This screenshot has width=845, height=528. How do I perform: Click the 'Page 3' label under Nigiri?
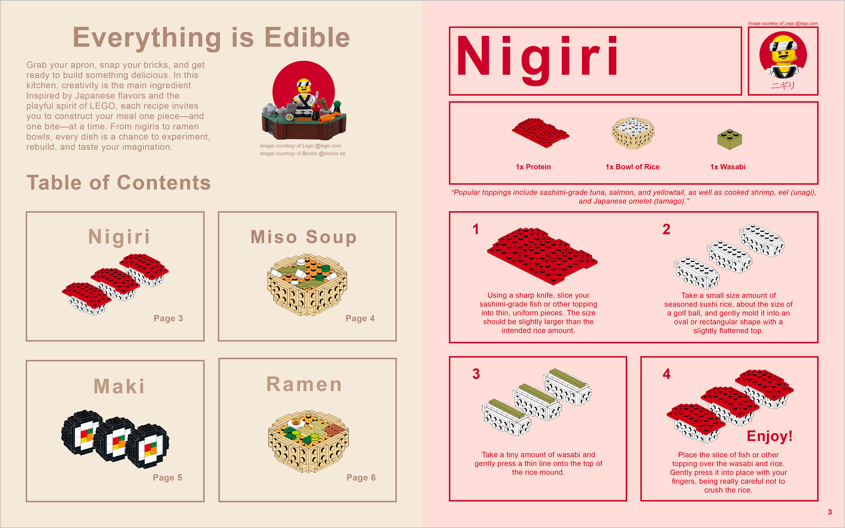(168, 318)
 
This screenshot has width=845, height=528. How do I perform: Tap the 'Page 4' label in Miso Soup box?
(360, 318)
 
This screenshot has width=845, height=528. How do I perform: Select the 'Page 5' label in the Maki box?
(167, 477)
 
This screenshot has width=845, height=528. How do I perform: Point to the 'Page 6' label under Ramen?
(361, 477)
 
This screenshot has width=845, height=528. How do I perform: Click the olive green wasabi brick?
(729, 139)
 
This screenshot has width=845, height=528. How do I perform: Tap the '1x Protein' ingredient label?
(533, 167)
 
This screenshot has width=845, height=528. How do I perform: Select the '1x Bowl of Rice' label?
(632, 167)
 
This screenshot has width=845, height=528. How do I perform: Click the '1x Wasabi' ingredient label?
(728, 167)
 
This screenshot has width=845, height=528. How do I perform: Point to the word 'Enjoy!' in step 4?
(770, 436)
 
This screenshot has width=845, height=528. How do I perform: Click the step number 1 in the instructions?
(476, 229)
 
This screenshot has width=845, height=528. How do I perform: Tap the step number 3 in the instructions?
(476, 374)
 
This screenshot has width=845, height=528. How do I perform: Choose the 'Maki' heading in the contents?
(119, 386)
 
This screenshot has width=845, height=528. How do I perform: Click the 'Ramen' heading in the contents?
(304, 384)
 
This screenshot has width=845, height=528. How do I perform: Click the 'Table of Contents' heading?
(119, 183)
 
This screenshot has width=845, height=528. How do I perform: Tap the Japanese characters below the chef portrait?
(783, 85)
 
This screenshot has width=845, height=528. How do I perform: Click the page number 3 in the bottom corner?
(830, 512)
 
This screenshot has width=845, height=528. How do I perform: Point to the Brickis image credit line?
(303, 154)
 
